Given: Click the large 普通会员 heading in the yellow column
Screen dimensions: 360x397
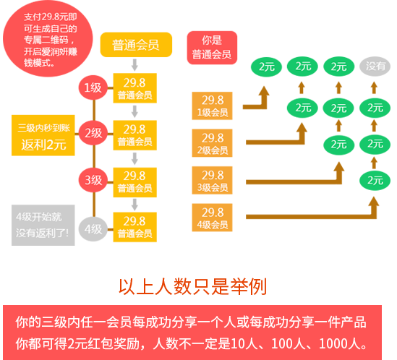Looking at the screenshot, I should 135,45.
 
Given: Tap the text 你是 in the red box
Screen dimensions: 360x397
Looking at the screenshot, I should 211,40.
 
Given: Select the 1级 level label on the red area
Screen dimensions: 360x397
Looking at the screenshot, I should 93,87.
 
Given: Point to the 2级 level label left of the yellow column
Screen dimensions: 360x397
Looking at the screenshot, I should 93,133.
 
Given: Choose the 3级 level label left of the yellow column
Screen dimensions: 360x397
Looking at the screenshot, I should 93,180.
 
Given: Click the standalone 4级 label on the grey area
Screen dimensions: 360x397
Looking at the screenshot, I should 93,228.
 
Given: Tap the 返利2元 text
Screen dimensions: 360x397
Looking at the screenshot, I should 43,145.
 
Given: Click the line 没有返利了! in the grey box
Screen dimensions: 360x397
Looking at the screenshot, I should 42,233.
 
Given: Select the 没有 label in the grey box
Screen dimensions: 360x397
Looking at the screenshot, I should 376,66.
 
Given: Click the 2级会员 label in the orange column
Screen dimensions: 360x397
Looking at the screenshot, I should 213,150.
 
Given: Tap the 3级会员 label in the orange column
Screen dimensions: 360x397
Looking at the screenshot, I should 213,187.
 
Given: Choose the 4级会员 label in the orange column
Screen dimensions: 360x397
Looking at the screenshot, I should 213,225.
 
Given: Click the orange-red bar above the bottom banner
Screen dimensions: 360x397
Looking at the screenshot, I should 192,287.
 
